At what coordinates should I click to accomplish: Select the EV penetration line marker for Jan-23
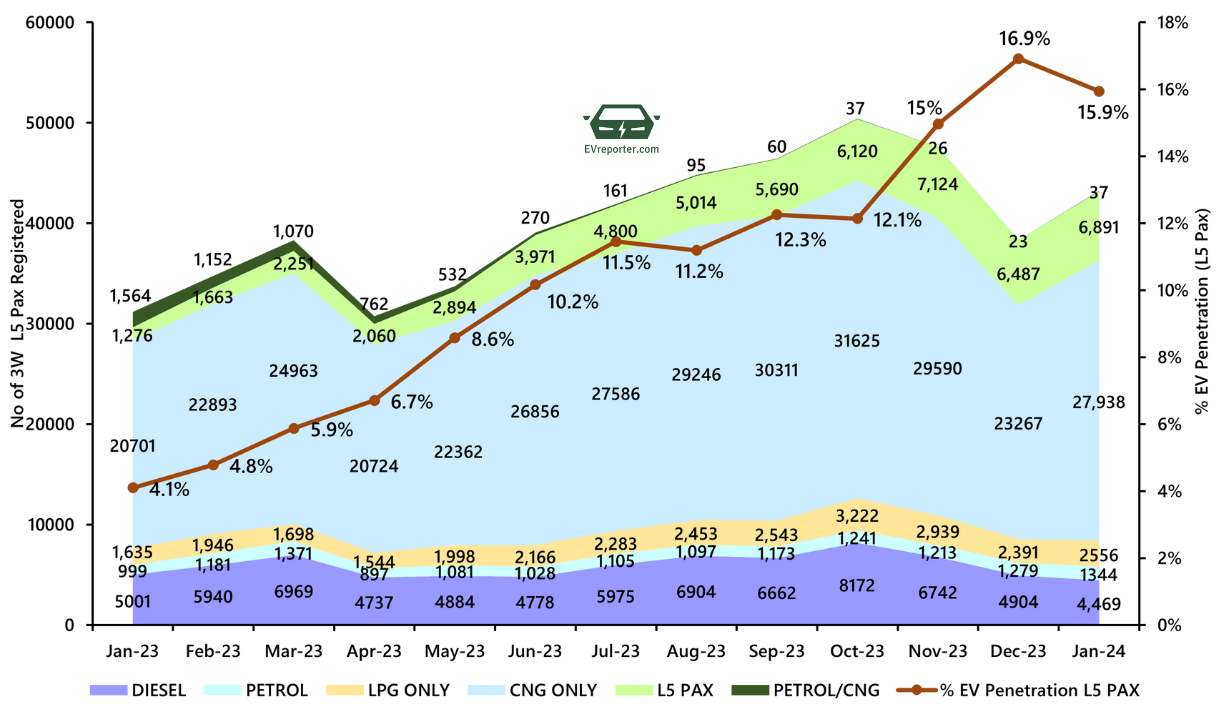[x=133, y=487]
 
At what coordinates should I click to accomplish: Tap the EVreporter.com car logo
[x=621, y=123]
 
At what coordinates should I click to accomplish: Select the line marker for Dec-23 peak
[x=1018, y=59]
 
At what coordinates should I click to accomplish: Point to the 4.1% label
[x=170, y=490]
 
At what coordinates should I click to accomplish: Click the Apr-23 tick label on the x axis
[x=374, y=650]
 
